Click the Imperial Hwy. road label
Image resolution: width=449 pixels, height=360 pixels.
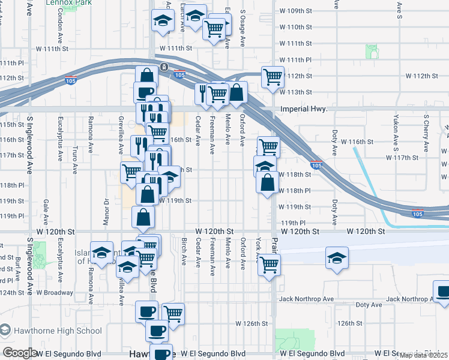point(304,109)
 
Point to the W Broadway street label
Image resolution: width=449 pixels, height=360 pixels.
point(55,293)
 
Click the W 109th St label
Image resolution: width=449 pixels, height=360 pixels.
point(295,11)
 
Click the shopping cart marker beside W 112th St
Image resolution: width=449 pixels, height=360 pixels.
point(273,77)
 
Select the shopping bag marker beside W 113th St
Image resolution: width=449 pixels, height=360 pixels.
point(237,93)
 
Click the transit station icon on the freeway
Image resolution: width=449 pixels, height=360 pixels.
point(163,67)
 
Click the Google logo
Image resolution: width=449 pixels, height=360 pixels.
point(20,353)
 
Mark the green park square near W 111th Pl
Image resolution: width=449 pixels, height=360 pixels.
point(372,52)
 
